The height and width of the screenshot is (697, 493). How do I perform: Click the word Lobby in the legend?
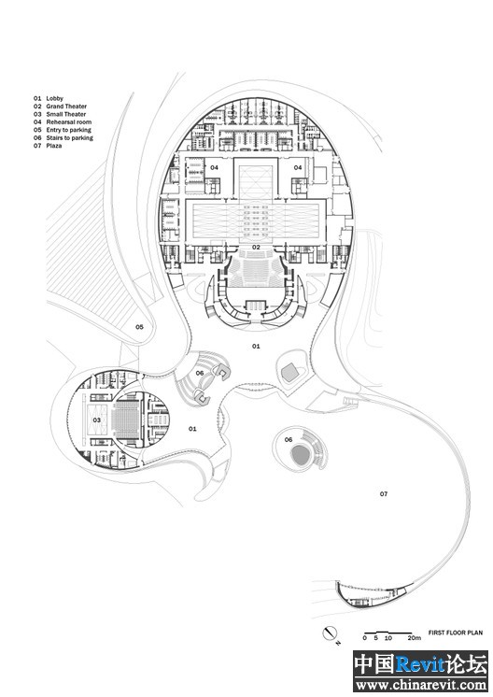click(55, 98)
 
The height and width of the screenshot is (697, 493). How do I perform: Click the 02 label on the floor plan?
click(256, 248)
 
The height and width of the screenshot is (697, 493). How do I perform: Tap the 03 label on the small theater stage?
click(97, 420)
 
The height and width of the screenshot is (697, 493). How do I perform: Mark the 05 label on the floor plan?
click(139, 327)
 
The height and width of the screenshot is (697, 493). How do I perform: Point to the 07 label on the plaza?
click(384, 494)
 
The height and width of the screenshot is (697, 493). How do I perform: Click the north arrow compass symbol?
click(330, 633)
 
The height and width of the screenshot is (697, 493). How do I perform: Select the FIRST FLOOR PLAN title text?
click(456, 633)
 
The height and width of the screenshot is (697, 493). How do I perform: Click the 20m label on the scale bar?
click(415, 638)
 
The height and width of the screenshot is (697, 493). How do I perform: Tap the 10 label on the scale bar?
click(388, 638)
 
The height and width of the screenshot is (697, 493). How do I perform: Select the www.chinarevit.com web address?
click(421, 685)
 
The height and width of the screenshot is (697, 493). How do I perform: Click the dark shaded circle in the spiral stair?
click(301, 456)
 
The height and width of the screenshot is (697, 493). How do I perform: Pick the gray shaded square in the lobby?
click(290, 371)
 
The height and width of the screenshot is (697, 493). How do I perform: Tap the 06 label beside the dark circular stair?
click(289, 440)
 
